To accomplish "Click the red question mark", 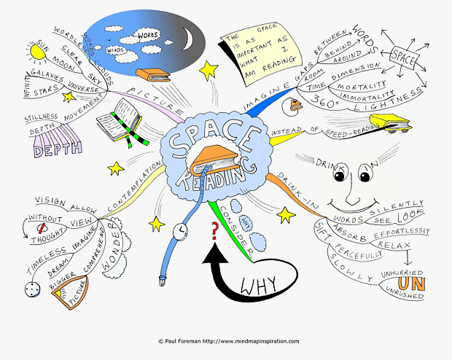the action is click(x=214, y=232).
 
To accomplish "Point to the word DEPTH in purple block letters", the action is click(x=53, y=150).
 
